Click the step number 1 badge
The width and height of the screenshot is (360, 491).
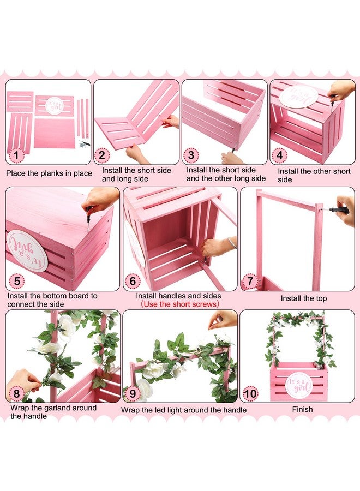point(16,155)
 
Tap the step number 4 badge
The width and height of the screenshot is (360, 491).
point(279,155)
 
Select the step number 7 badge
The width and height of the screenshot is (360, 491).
point(249,280)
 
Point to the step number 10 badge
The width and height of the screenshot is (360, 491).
point(250,393)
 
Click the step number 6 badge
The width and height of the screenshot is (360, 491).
point(132,280)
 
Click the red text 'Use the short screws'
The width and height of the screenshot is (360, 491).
point(180,304)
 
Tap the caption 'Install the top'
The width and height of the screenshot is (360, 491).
point(304,298)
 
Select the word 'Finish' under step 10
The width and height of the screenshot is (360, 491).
point(302,409)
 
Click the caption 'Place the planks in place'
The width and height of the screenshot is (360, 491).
point(49,173)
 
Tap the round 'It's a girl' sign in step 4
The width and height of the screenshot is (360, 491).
point(294,96)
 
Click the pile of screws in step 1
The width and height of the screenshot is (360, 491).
point(84,144)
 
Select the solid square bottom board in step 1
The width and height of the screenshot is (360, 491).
point(54,133)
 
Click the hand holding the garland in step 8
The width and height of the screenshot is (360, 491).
point(22,384)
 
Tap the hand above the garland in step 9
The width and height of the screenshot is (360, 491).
point(223,319)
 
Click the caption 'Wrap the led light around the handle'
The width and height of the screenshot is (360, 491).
point(184,410)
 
